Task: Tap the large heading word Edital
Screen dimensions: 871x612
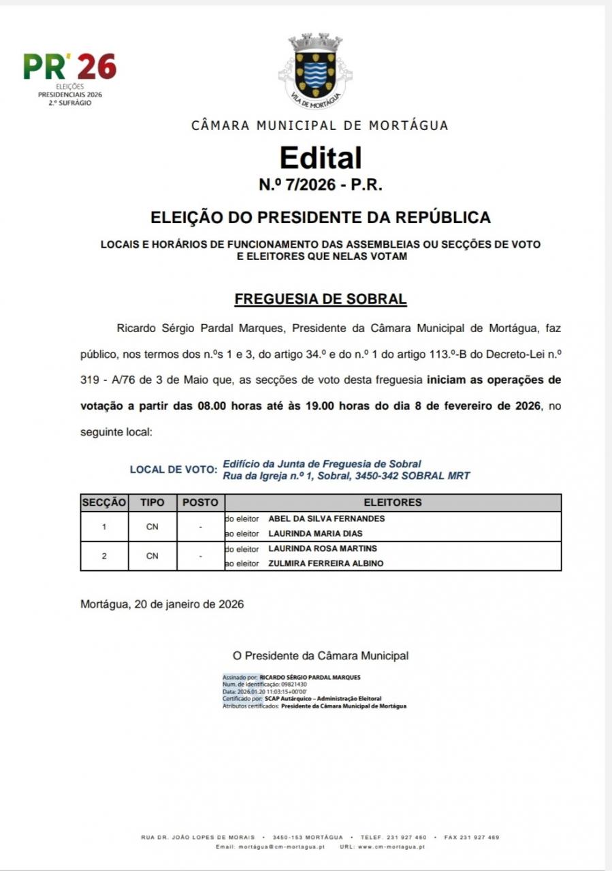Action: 320,158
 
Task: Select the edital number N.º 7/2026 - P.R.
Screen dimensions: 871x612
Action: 320,185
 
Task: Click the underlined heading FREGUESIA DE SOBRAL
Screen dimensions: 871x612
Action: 320,299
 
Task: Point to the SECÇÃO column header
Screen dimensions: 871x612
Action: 104,503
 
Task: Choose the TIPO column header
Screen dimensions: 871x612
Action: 152,503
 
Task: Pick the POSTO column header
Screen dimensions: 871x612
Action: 201,503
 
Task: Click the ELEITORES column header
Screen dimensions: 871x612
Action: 393,503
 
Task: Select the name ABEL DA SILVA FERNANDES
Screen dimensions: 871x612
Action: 327,519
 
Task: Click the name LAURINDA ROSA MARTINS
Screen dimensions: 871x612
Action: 323,548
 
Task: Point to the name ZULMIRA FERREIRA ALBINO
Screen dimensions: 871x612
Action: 325,563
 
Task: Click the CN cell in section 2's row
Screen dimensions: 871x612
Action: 152,556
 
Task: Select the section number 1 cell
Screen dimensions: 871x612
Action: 104,526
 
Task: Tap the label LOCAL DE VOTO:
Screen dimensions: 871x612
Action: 174,470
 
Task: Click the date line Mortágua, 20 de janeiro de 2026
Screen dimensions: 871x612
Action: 162,604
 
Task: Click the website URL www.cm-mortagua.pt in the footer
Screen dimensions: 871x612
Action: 391,847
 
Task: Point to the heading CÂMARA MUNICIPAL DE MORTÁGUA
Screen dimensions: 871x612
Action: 320,125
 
